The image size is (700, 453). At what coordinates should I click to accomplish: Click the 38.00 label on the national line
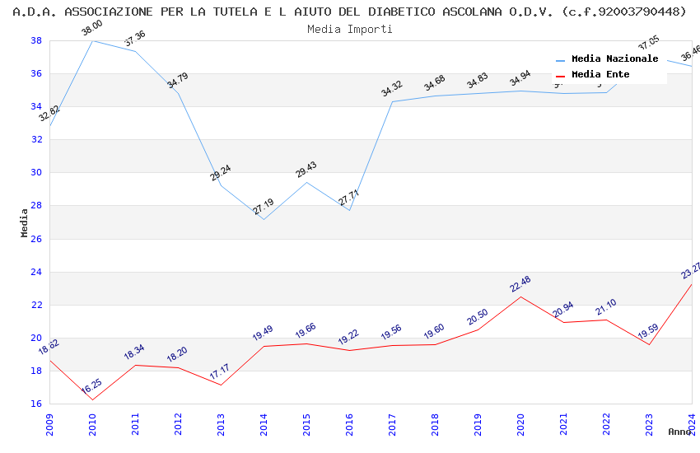tap(92, 30)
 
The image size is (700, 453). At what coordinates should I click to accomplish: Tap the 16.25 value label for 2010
tap(91, 388)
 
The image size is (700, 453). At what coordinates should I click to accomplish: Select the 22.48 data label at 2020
tap(520, 284)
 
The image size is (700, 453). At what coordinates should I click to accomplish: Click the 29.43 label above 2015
tap(306, 170)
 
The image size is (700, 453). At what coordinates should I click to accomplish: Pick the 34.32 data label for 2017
tap(392, 89)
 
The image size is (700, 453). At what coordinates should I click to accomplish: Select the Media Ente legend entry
tap(600, 75)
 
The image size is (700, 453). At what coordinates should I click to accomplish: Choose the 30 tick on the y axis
tap(37, 173)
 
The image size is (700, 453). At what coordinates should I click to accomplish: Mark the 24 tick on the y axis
tap(37, 272)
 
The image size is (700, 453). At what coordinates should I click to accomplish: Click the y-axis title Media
tap(25, 222)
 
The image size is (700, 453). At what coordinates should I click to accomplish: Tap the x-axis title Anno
tap(679, 432)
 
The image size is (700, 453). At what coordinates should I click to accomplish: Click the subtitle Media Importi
tap(350, 29)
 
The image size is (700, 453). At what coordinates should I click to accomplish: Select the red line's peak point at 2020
tap(520, 297)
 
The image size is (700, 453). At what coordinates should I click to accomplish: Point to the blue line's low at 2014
tap(264, 219)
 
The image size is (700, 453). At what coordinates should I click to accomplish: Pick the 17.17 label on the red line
tap(220, 372)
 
